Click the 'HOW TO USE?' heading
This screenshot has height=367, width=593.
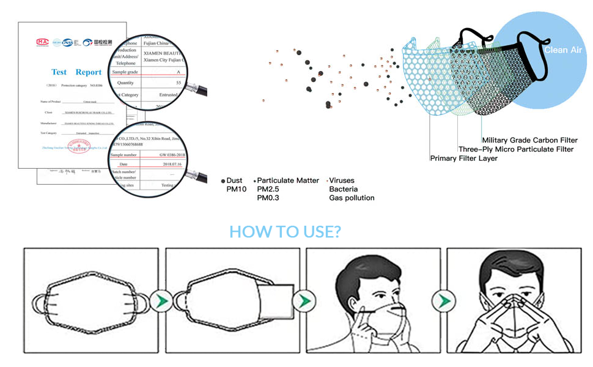285,232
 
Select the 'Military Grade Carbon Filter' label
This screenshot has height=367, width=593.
529,141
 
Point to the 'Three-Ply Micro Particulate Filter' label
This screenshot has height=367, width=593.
516,149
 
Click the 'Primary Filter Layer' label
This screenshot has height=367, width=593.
463,158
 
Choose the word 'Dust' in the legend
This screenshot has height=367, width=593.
234,180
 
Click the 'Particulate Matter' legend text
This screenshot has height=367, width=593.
288,180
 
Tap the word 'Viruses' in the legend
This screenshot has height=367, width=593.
342,180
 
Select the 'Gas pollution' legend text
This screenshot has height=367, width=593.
352,198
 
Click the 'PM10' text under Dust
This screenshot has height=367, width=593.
235,189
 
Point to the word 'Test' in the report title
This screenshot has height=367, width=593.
59,72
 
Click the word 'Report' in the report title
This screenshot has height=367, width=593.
89,72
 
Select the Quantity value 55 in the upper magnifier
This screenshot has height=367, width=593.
178,83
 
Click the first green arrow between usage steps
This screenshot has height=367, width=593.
160,302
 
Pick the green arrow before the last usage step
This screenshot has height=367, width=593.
441,302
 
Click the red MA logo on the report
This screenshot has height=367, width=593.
42,42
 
